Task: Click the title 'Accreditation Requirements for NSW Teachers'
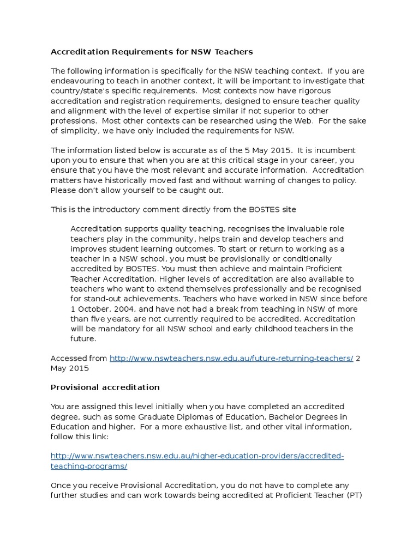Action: pos(152,52)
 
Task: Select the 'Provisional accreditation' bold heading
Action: pos(105,387)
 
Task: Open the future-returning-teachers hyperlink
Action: pos(231,358)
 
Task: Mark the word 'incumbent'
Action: pos(334,151)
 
